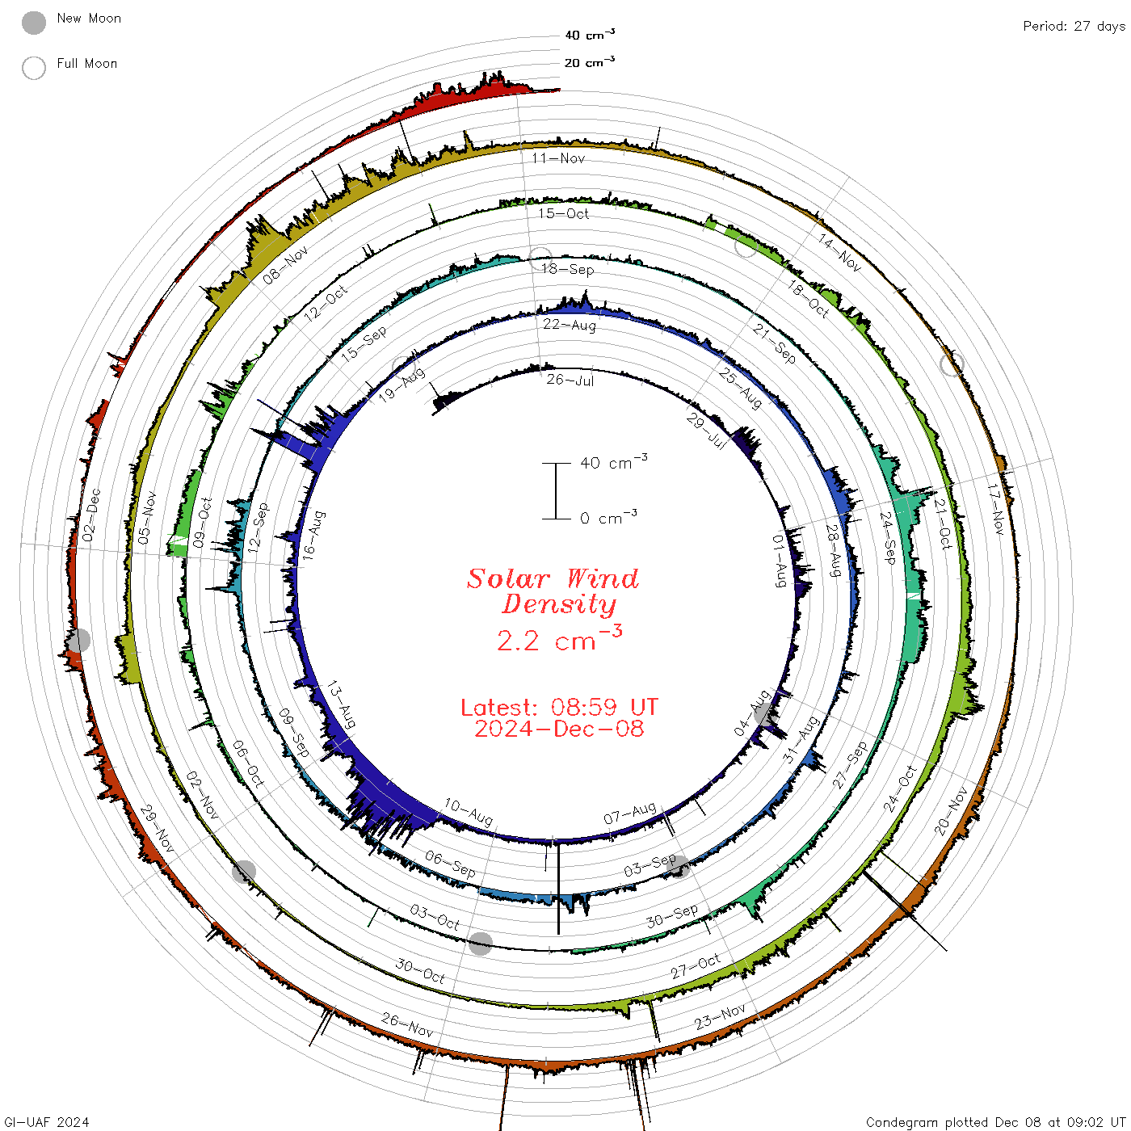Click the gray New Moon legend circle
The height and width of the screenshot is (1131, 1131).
[33, 23]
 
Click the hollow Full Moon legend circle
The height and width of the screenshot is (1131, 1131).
[33, 68]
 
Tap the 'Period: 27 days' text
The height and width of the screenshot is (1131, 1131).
[1074, 27]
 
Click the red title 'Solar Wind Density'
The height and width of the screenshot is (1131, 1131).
[553, 591]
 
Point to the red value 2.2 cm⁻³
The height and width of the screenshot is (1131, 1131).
[559, 639]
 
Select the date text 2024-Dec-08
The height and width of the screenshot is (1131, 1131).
[559, 729]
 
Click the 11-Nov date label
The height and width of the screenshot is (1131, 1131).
[558, 158]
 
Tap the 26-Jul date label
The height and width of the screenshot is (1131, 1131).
[570, 380]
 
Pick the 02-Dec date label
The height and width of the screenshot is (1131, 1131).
[91, 515]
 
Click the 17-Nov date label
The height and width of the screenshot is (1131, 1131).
[995, 509]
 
